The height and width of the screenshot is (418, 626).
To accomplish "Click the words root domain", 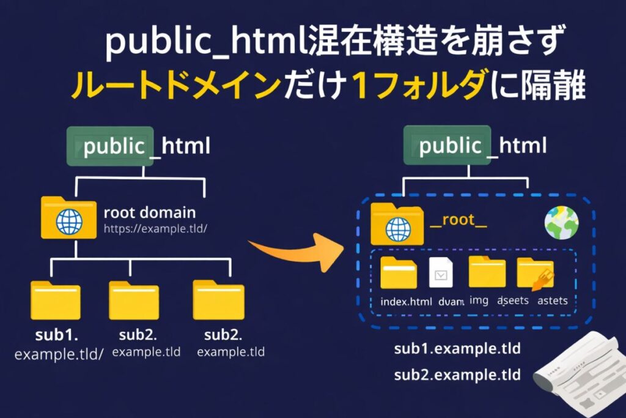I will (150, 213).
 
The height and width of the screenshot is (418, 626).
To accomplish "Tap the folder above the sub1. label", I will (56, 300).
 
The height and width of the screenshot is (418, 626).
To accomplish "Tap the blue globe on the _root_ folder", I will (399, 230).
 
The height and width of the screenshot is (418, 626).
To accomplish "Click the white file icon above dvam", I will (441, 274).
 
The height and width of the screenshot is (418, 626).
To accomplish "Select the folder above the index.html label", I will (399, 273).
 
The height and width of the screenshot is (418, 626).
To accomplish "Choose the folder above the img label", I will (487, 272).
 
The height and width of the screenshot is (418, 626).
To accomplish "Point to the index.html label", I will (406, 302).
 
